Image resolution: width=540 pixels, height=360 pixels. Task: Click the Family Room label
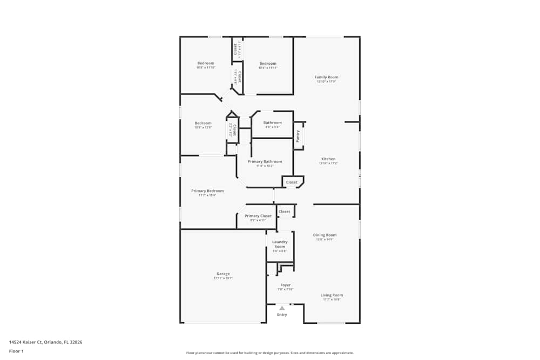tap(326, 77)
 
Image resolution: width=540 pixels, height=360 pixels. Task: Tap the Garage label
tap(223, 274)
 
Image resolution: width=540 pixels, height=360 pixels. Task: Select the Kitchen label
tap(328, 159)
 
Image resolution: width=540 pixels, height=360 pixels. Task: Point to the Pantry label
tap(298, 135)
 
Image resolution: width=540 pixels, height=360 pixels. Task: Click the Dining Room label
tap(325, 235)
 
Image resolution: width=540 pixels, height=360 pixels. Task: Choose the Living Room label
tap(332, 295)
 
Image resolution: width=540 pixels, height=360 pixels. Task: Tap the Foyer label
tap(285, 285)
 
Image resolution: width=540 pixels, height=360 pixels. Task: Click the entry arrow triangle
tap(282, 308)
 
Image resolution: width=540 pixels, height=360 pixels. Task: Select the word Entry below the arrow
tap(282, 315)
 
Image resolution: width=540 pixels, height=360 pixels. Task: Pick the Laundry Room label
tap(280, 244)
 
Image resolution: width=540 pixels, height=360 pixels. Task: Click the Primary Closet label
tap(258, 216)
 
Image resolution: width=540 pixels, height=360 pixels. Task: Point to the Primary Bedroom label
tap(207, 191)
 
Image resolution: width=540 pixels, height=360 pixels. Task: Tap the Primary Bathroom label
tap(265, 161)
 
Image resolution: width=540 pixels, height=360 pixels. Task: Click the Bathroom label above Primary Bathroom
tap(272, 123)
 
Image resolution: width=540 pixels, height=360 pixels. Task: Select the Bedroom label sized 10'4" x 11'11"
tap(267, 63)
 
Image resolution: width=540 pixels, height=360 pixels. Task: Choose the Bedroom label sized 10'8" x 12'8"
tap(203, 123)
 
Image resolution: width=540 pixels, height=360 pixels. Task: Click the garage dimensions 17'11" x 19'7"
tap(223, 278)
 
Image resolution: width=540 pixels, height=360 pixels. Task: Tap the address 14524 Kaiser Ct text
tap(45, 342)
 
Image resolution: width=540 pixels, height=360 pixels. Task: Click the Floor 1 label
tap(16, 351)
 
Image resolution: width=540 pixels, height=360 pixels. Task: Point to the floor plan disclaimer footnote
tap(269, 353)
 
